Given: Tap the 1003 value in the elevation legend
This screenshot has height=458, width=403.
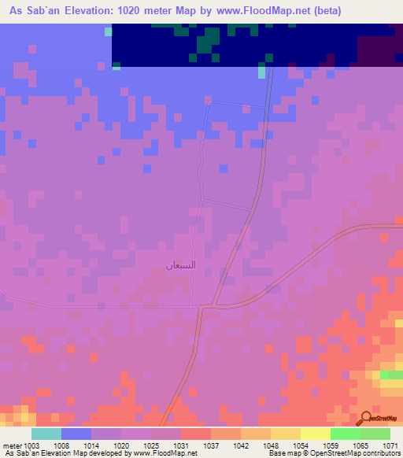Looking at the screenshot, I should [x=32, y=445].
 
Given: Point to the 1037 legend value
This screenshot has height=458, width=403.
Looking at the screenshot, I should [x=211, y=445].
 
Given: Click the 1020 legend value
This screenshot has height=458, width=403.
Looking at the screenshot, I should [x=122, y=445].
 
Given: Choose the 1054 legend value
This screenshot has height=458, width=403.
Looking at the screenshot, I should [x=300, y=445].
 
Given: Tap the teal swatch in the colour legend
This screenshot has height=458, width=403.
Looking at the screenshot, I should [x=46, y=434].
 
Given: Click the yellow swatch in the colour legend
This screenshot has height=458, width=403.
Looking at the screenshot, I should [x=285, y=434].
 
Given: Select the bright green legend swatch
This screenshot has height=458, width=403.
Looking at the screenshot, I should [x=345, y=434].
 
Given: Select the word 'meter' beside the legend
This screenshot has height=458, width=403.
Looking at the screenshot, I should [x=12, y=445].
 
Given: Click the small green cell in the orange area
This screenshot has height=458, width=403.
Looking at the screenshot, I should [x=391, y=375].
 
